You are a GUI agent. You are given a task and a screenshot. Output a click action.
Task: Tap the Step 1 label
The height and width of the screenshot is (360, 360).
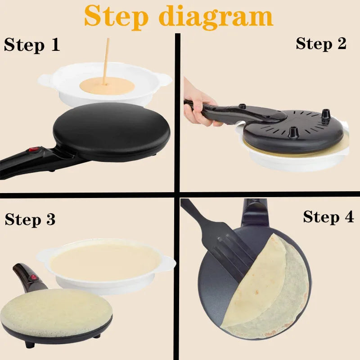(x=31, y=45)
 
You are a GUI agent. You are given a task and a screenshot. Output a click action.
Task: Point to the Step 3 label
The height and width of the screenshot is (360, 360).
(x=30, y=219)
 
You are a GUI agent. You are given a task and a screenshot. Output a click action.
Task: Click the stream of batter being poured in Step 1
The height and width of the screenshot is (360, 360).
(x=106, y=58)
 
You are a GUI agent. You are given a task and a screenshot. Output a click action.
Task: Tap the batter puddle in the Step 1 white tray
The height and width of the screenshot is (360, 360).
(x=106, y=85)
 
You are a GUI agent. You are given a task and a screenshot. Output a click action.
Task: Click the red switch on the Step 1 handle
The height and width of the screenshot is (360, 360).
(x=32, y=150)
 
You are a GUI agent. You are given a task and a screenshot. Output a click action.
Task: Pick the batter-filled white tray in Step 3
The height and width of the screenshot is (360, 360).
(x=106, y=263)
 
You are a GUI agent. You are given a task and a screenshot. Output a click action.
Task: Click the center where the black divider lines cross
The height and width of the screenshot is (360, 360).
(x=177, y=194)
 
